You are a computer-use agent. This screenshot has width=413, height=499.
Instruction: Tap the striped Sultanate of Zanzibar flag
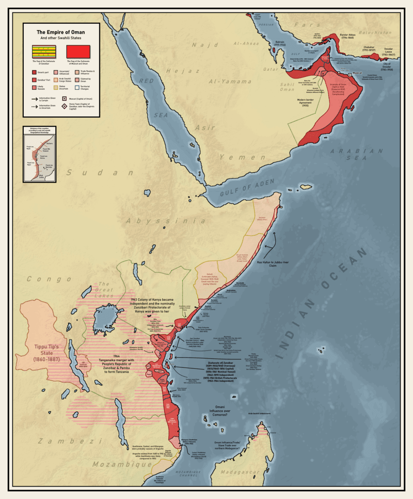coord(44,52)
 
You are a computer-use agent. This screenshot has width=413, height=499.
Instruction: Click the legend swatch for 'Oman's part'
coord(34,73)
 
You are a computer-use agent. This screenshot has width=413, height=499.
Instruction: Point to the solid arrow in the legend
coord(35,97)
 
